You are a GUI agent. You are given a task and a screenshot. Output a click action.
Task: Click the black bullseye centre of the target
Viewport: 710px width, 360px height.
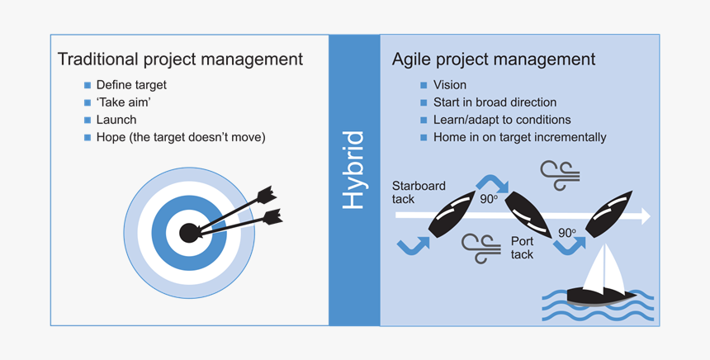click(189, 233)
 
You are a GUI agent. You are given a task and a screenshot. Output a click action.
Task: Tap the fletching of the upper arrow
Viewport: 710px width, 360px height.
click(265, 196)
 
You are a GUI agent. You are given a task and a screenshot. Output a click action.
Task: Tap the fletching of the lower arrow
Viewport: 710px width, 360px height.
click(272, 217)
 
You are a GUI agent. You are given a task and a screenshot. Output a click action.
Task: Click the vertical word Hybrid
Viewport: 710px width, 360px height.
click(353, 169)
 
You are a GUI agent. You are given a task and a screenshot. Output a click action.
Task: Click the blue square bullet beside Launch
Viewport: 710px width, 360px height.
click(88, 120)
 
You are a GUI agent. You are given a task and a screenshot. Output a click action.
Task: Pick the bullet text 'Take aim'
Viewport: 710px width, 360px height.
click(123, 102)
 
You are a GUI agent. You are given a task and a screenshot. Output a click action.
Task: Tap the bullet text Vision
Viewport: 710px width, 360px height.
click(449, 85)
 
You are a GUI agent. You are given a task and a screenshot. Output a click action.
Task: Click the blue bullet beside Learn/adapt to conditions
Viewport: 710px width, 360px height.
click(424, 120)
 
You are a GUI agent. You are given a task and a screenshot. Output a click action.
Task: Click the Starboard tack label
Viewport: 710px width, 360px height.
click(419, 192)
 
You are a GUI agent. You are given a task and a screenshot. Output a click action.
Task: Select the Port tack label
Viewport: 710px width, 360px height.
click(522, 248)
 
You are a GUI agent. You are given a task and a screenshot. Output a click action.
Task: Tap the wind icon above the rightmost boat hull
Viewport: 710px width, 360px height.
click(560, 174)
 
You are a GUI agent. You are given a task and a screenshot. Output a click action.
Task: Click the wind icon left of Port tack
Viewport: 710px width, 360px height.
click(480, 248)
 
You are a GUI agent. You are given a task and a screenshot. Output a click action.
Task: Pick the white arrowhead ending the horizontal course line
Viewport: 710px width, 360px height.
click(645, 216)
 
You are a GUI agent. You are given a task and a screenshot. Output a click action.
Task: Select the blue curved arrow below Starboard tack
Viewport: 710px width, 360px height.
click(413, 244)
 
